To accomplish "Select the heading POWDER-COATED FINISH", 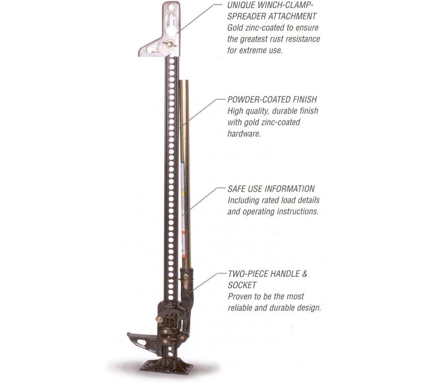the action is coord(272,100).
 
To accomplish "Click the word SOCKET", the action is coord(242,285).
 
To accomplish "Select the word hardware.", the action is coord(244,134).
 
